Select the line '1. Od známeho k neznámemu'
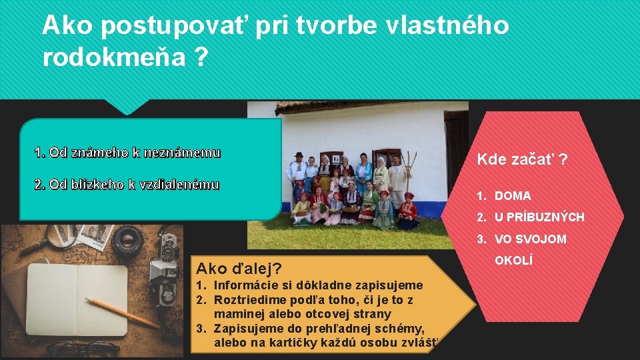point(127,153)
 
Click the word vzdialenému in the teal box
point(180,185)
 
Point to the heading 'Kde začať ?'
point(522,159)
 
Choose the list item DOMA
point(513,196)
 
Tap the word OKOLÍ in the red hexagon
point(513,260)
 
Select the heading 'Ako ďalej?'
point(239,269)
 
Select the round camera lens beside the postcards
point(127,241)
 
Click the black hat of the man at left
point(299,155)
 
